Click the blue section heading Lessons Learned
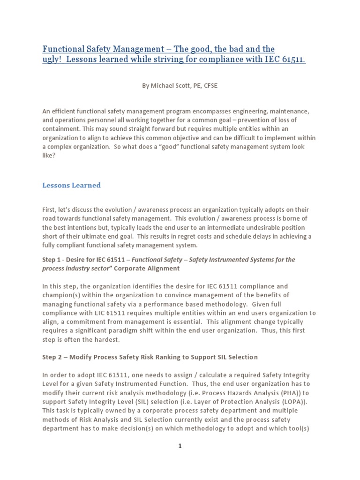(x=71, y=185)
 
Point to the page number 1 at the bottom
(x=180, y=446)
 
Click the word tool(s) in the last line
(x=304, y=428)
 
